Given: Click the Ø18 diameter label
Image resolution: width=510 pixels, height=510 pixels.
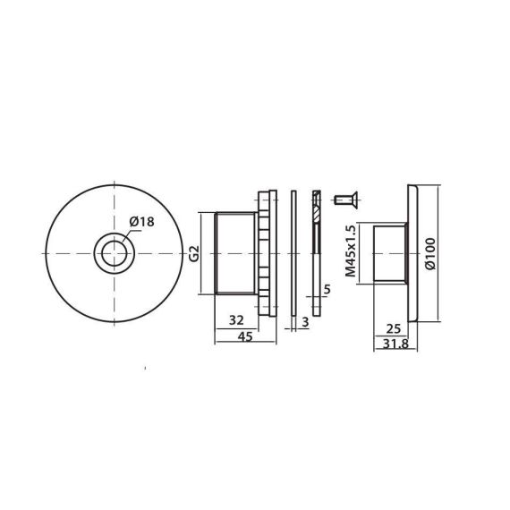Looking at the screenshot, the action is [x=141, y=222].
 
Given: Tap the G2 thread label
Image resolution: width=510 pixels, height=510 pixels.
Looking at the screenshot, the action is [x=194, y=254].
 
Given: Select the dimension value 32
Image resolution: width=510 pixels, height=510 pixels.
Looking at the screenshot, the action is [x=236, y=320].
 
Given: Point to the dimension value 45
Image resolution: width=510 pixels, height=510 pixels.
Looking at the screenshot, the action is [x=245, y=336].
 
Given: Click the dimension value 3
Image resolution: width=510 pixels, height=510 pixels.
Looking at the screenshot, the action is [x=305, y=322].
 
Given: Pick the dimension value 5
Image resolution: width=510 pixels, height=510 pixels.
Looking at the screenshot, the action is [x=327, y=290].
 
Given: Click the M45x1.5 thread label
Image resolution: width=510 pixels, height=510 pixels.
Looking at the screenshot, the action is [x=351, y=251].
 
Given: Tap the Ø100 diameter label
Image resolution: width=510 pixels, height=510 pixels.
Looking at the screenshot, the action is [x=430, y=254].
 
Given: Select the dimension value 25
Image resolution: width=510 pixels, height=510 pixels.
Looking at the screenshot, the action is [x=393, y=329].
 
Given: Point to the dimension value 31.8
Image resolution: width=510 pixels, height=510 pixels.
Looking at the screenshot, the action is [x=395, y=344].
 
